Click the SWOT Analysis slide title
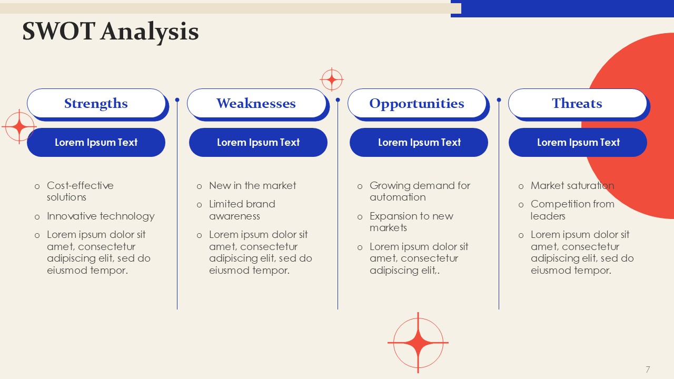111,32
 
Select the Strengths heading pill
96,103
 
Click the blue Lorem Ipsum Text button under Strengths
96,142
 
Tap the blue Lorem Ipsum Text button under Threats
578,142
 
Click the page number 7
648,370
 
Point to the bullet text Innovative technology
101,216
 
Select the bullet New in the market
252,186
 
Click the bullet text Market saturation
572,186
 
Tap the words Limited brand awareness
242,210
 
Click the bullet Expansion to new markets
411,222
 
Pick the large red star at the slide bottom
418,343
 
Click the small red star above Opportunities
332,79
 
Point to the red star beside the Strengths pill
19,127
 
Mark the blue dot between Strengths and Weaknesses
177,100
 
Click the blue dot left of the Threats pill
499,100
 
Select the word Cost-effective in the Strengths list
80,186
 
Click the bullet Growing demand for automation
420,191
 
